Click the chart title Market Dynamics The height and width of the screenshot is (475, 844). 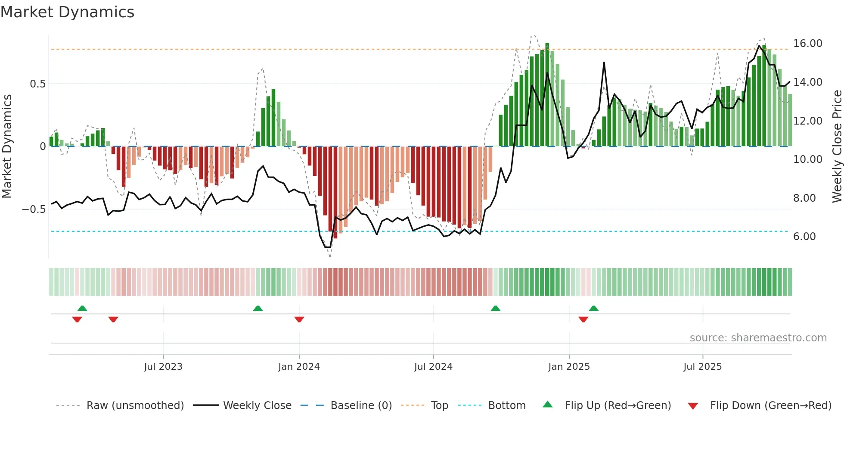[67, 12]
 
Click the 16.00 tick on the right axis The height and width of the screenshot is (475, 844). [807, 44]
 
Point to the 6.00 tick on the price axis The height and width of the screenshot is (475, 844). [804, 237]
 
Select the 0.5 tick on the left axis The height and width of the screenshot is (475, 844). [37, 84]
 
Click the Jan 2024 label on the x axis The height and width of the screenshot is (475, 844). [299, 367]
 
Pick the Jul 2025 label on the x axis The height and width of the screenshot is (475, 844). [702, 367]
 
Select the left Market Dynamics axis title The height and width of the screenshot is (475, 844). [7, 147]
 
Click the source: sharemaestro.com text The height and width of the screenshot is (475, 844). [758, 338]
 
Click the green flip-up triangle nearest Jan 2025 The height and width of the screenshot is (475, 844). [593, 308]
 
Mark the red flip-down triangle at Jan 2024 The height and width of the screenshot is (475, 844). [299, 319]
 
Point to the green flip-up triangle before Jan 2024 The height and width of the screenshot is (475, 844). [258, 308]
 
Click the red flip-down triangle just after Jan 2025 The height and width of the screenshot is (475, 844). [583, 319]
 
